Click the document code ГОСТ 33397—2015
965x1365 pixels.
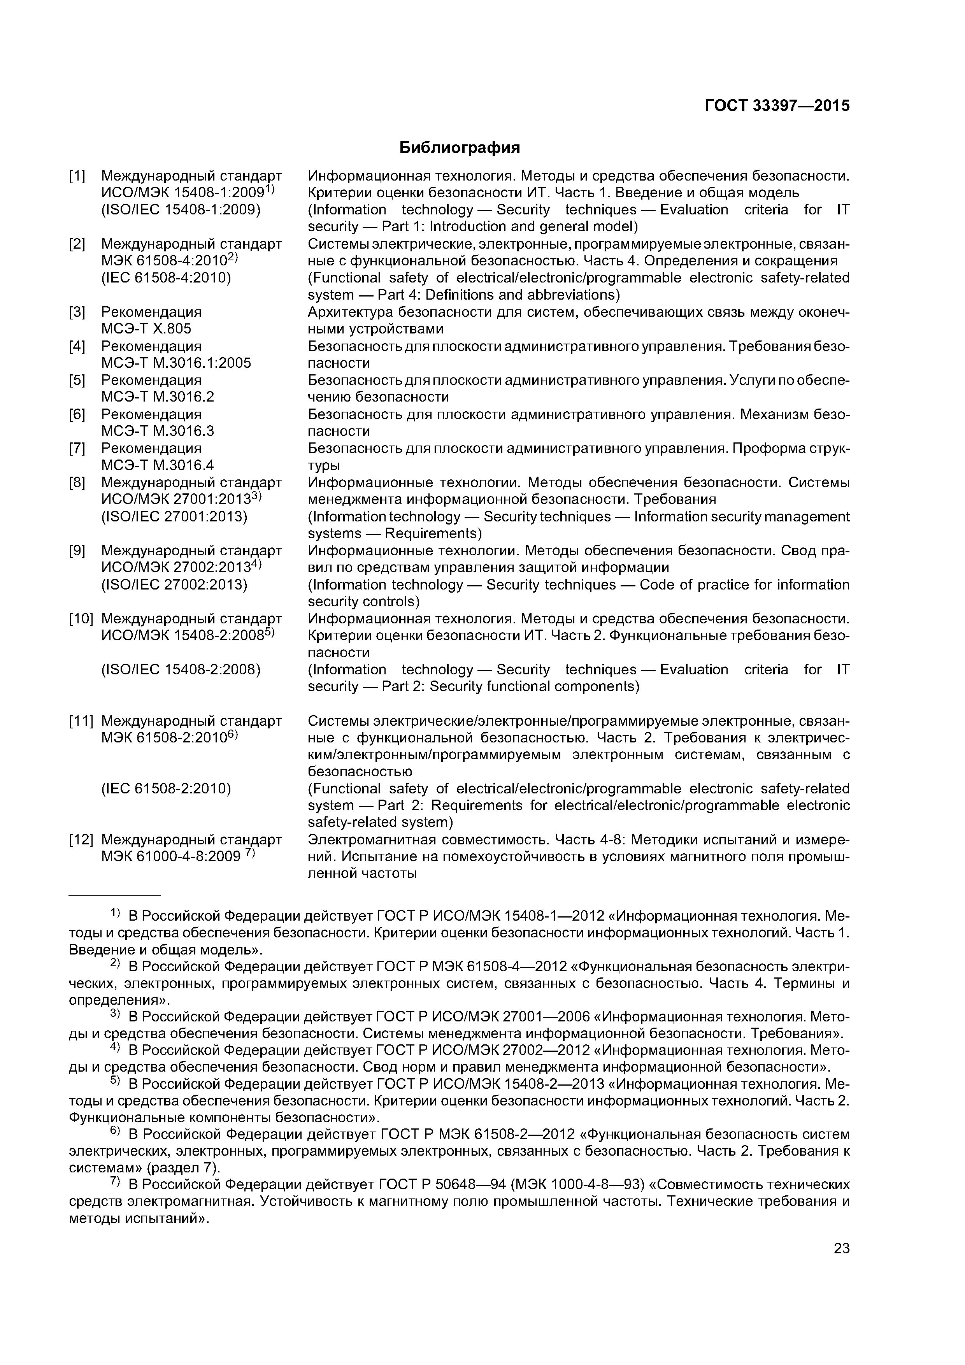tap(777, 106)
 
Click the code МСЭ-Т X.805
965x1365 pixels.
tap(146, 329)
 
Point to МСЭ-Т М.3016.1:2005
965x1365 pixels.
tap(176, 363)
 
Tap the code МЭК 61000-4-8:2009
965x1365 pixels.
tap(171, 856)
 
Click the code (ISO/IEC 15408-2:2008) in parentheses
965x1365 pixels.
tap(181, 669)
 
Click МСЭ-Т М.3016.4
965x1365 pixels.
tap(158, 465)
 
